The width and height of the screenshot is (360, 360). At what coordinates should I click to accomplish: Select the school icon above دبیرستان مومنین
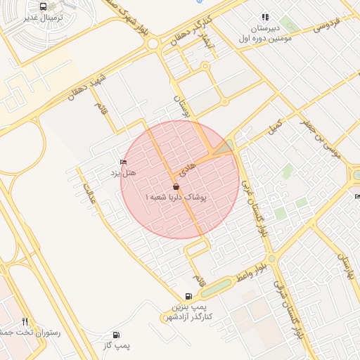265,17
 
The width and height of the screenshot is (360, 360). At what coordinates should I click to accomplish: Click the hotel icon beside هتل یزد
124,162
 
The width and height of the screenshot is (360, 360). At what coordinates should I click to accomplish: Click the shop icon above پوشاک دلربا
175,187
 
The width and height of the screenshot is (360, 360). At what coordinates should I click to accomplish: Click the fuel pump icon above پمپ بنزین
188,297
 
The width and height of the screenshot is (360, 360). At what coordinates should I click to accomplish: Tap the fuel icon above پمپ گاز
116,335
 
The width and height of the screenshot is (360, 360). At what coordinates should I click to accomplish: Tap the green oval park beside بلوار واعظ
216,287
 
